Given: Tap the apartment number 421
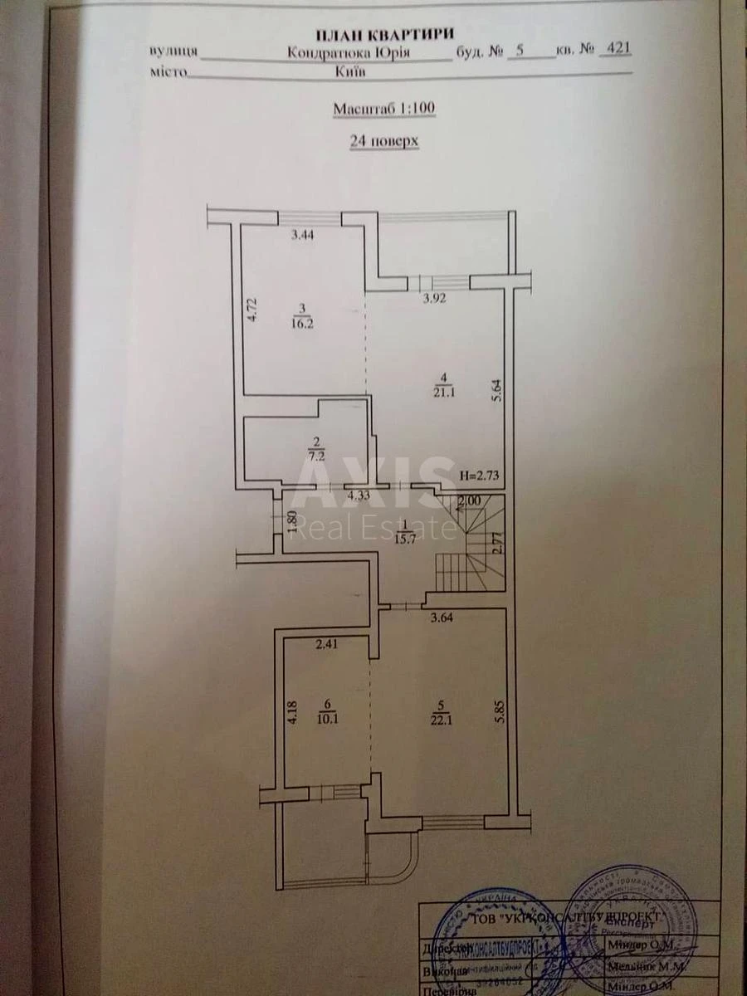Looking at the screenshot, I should pyautogui.click(x=618, y=49).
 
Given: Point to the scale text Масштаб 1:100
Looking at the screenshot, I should pyautogui.click(x=384, y=108).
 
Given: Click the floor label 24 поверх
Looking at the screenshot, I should pyautogui.click(x=384, y=141).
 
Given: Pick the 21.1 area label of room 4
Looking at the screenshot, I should pyautogui.click(x=441, y=390).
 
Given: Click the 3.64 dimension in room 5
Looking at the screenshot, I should pyautogui.click(x=445, y=617).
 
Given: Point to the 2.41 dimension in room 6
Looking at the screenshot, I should pyautogui.click(x=329, y=642).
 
